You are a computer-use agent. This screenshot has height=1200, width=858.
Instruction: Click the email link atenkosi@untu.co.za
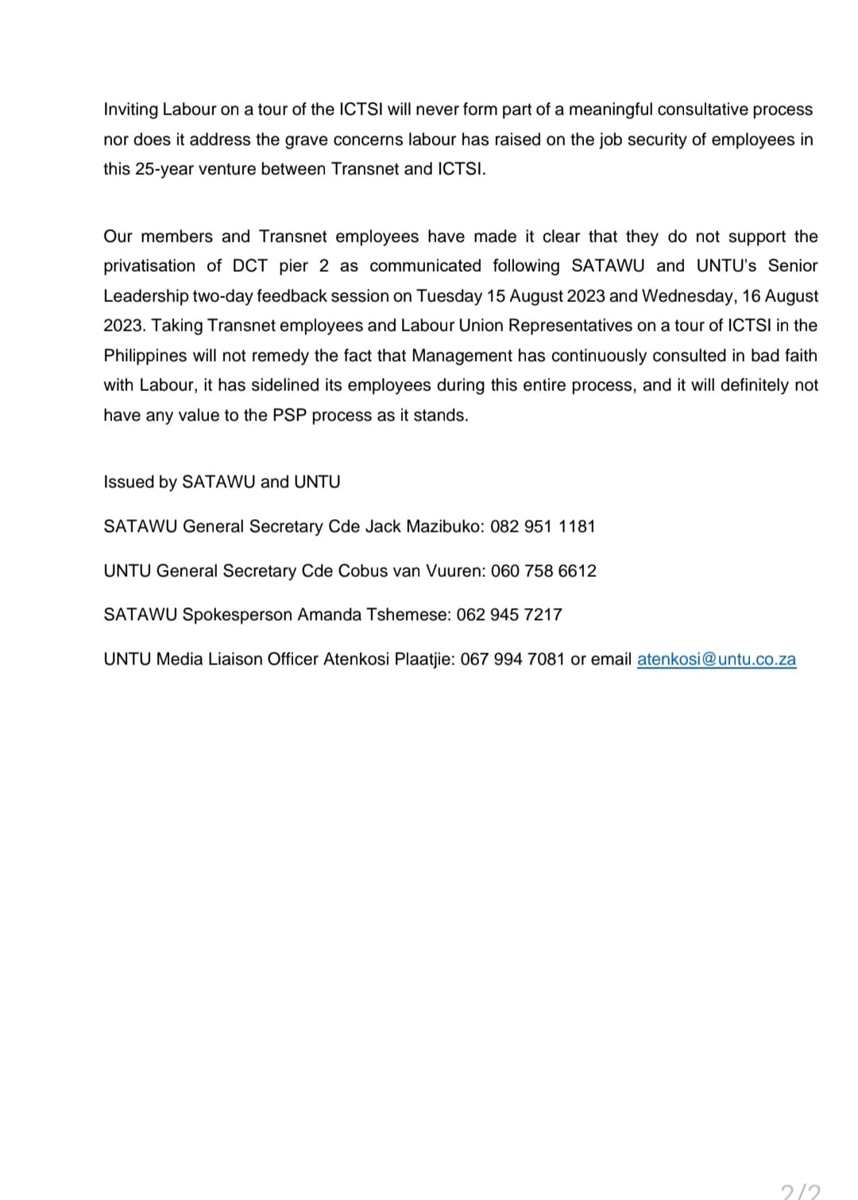(716, 660)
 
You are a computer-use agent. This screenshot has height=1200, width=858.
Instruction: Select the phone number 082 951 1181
(543, 526)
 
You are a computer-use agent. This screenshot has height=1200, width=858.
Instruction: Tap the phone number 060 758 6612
(543, 571)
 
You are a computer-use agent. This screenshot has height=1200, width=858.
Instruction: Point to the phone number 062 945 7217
(509, 614)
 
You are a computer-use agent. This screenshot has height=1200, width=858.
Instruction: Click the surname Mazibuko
(443, 526)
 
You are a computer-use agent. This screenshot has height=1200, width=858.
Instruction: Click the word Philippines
(145, 355)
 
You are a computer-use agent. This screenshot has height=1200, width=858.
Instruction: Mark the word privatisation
(149, 265)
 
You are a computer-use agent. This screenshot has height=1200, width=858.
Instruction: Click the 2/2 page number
(800, 1191)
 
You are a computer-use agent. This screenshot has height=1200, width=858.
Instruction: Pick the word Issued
(127, 482)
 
